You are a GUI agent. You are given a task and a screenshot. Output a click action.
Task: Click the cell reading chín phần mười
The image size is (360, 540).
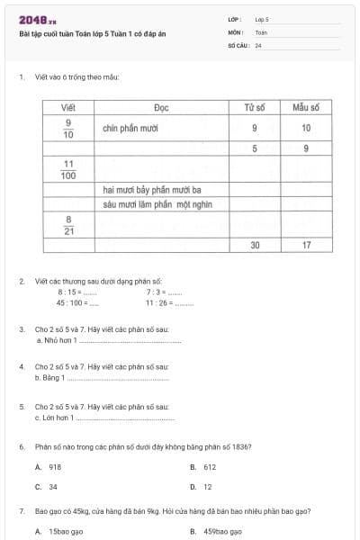point(130,128)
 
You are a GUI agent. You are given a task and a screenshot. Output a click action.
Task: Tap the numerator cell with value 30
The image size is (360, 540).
point(255,245)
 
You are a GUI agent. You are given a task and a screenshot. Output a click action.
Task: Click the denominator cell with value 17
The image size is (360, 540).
point(306,245)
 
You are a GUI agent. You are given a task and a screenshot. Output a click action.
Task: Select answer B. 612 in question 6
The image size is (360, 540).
point(204,467)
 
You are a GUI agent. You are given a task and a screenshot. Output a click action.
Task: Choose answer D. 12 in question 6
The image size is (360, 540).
point(202,487)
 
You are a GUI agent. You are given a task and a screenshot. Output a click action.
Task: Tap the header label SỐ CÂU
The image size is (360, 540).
point(238,45)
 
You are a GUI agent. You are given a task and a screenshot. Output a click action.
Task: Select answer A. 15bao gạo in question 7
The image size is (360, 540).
point(59,532)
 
